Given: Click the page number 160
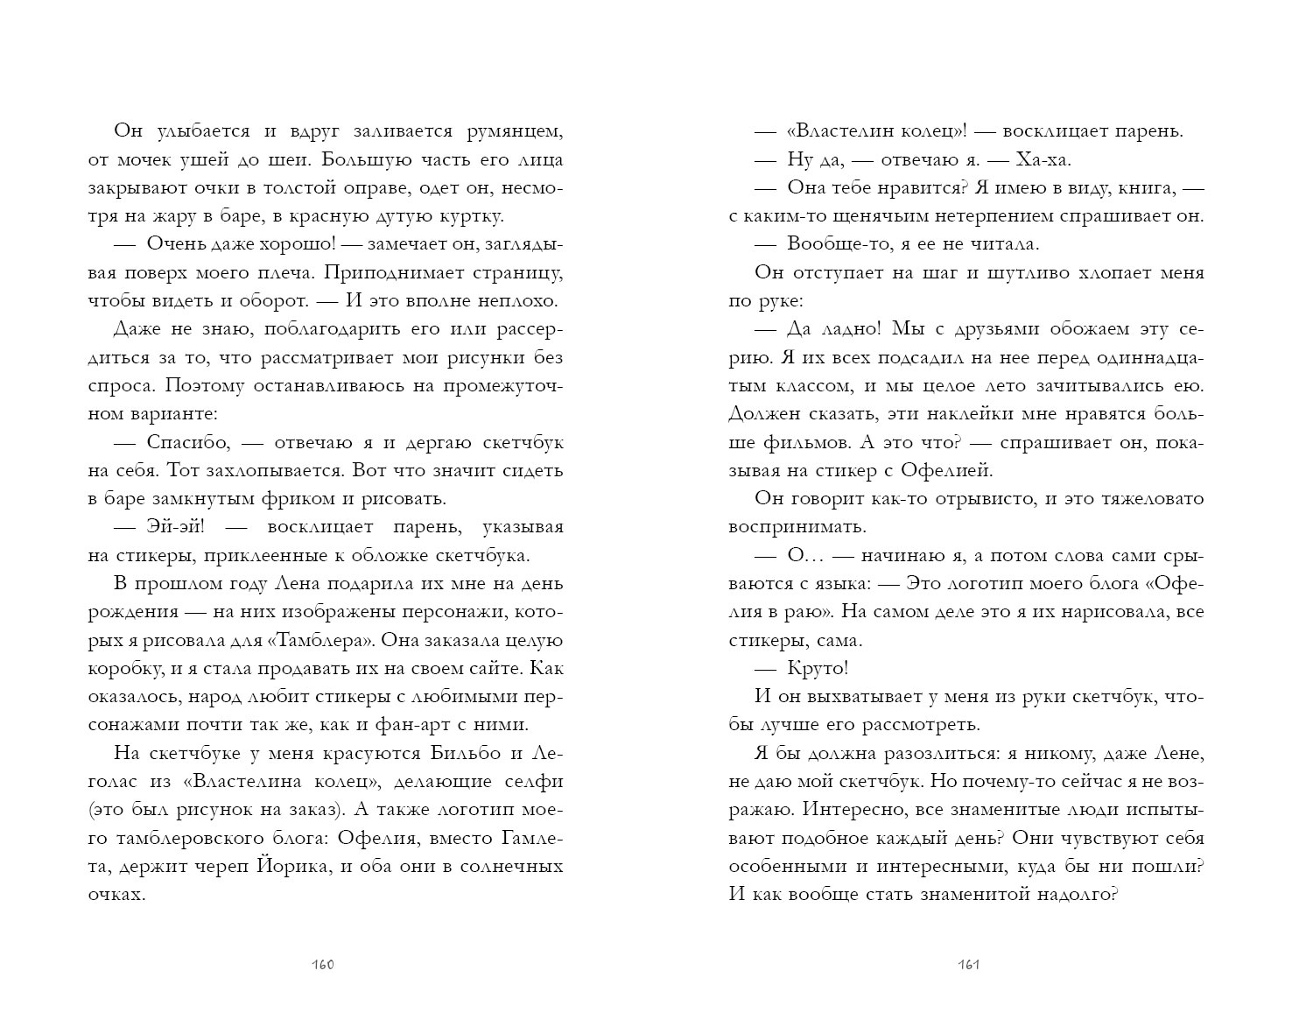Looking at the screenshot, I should [323, 965].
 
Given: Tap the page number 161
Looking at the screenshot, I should [967, 965].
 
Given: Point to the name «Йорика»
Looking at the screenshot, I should [291, 867].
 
